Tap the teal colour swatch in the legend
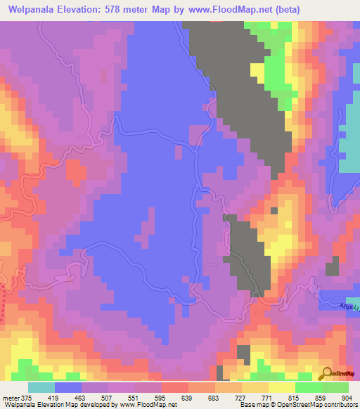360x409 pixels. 41,387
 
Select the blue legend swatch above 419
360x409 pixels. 68,387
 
